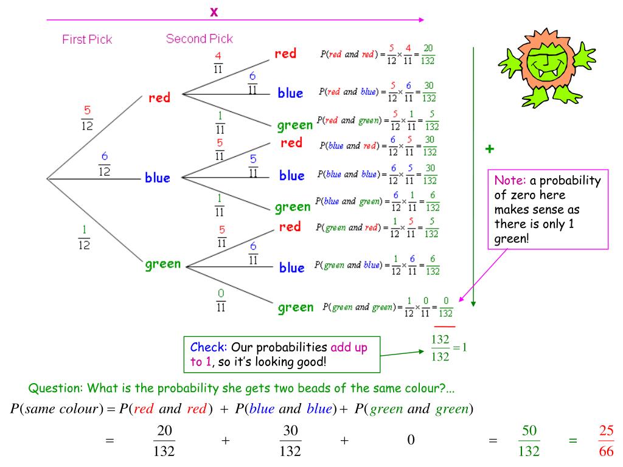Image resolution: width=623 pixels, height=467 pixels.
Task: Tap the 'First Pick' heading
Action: (87, 40)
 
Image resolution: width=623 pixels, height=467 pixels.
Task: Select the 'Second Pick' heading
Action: (199, 39)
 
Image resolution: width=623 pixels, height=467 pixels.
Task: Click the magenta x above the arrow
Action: (214, 12)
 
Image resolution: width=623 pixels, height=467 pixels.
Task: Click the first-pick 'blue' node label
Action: (157, 178)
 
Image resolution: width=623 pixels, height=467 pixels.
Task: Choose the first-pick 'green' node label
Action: (163, 264)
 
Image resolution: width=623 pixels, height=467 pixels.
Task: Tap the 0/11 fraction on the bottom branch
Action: (221, 300)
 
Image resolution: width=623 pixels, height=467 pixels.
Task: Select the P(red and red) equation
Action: (377, 55)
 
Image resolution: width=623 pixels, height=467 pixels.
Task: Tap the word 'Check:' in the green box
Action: (209, 347)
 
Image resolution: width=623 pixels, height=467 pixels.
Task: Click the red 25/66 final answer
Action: (606, 441)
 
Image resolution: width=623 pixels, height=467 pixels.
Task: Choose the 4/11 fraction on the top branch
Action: (218, 62)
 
